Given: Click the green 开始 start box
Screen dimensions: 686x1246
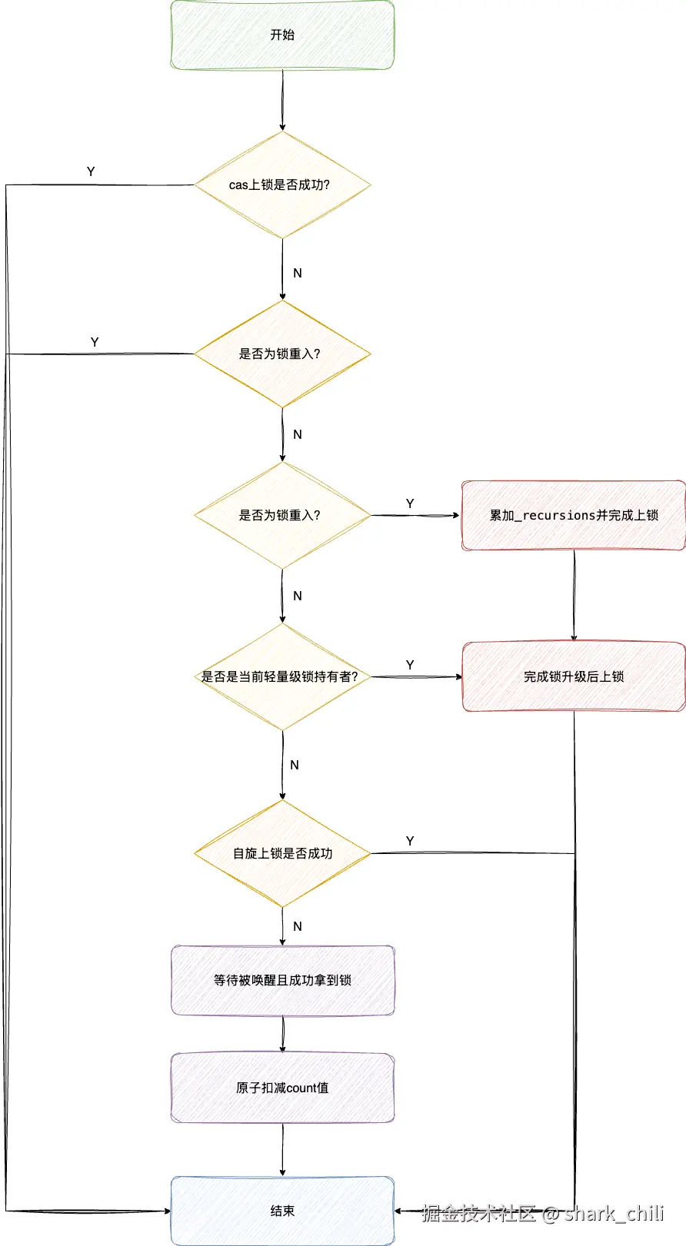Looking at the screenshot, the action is click(x=282, y=35).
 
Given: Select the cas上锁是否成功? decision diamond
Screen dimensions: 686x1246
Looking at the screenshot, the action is click(x=282, y=184).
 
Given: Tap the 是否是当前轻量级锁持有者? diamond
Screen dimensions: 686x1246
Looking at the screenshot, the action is click(x=282, y=676).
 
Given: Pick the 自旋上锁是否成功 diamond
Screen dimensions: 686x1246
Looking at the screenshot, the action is click(x=282, y=853).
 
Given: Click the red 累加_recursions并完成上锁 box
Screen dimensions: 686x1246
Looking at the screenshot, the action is click(x=574, y=515).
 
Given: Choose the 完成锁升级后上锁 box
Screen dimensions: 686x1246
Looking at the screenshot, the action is click(x=574, y=676).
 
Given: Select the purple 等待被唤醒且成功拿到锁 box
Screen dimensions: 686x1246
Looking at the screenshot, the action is click(x=283, y=980).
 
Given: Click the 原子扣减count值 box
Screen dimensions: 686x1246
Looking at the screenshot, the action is click(x=283, y=1088).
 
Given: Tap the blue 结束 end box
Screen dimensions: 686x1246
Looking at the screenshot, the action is click(x=283, y=1211).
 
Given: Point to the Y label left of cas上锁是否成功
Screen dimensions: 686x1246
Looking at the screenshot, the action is click(x=91, y=171).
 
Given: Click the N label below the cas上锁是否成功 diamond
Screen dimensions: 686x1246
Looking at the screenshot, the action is click(x=298, y=273).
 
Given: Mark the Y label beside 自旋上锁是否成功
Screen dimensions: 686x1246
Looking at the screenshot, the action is click(x=410, y=840).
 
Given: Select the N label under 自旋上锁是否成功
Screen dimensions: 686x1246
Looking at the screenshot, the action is click(x=298, y=926).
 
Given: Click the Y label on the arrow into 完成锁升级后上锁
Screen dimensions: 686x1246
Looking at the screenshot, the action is click(x=410, y=665).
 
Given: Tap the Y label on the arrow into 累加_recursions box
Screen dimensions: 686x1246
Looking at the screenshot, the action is click(x=410, y=503).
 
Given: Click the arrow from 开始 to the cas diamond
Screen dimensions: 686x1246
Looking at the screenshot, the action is click(x=283, y=100).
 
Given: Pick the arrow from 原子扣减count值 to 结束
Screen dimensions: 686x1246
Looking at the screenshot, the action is click(x=283, y=1149).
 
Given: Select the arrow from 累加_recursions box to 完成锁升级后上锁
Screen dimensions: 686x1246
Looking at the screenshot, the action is click(x=574, y=596).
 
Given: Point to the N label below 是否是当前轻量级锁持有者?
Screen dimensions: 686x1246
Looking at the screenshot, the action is click(x=295, y=765).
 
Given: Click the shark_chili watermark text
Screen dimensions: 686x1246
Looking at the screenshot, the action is click(x=614, y=1213).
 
